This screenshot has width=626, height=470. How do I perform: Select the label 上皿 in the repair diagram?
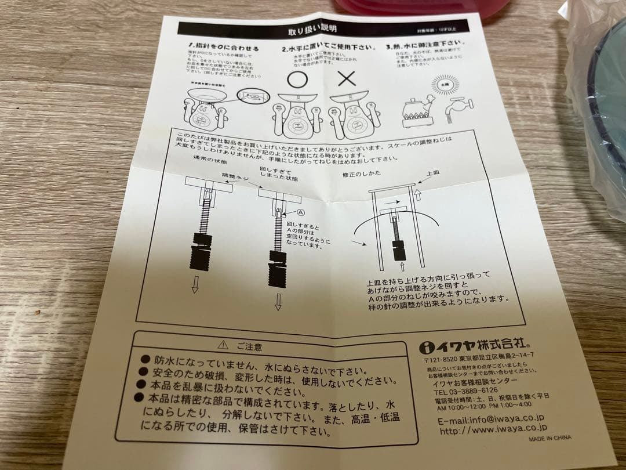point(432,173)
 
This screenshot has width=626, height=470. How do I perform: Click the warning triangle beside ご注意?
point(222,345)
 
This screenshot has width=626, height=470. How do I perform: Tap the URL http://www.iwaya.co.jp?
point(492,430)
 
